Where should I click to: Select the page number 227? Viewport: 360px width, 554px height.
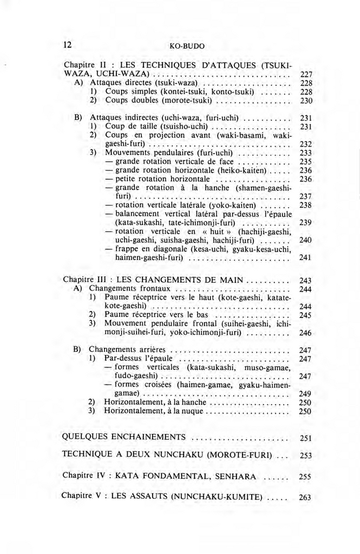point(306,74)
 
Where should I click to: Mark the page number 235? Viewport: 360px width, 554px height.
point(306,161)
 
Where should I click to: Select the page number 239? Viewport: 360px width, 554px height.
point(306,223)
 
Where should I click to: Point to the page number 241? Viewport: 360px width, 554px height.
point(306,258)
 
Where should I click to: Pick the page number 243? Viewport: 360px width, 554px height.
point(306,281)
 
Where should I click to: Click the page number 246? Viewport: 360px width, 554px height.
point(306,333)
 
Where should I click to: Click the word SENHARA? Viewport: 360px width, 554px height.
point(235,476)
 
